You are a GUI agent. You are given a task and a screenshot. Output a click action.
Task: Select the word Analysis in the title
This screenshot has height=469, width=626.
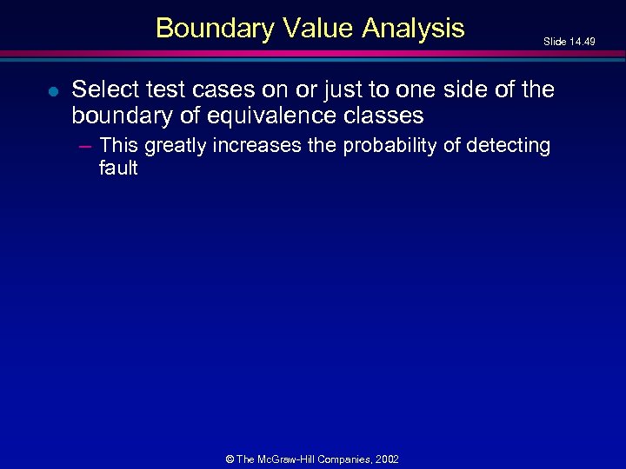pyautogui.click(x=414, y=29)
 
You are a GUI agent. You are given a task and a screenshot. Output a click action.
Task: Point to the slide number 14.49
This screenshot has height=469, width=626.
pyautogui.click(x=582, y=41)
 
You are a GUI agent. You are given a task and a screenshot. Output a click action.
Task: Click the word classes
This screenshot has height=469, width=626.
pyautogui.click(x=383, y=115)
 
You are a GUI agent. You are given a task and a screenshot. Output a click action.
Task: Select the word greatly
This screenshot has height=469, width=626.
pyautogui.click(x=176, y=146)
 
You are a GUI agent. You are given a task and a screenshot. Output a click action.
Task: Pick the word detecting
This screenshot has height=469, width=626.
pyautogui.click(x=509, y=146)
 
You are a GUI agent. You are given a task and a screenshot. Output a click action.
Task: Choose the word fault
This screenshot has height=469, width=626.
pyautogui.click(x=118, y=168)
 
